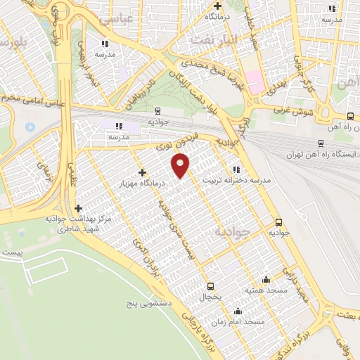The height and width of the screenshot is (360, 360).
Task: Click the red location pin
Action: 181,167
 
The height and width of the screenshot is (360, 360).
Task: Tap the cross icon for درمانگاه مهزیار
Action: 143,172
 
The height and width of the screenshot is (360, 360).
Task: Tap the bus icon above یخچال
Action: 211,286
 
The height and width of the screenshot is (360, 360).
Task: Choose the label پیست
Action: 12,252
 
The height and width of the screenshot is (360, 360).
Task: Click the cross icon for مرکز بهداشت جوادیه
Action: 78,208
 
